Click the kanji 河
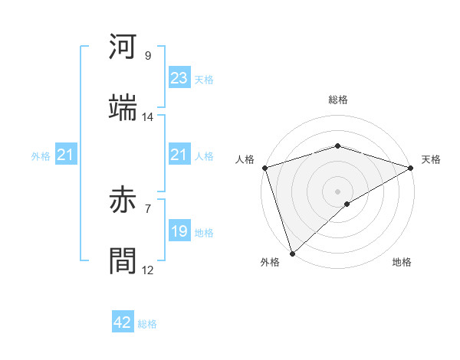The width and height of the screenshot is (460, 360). tap(123, 48)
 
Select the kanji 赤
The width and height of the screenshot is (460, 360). tap(123, 201)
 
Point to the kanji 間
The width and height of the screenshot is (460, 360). tap(123, 260)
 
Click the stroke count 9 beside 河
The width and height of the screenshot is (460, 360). tap(147, 56)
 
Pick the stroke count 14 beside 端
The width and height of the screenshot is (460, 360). tap(147, 117)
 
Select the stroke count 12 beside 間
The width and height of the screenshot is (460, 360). tap(147, 270)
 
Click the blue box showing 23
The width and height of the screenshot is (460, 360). tap(179, 78)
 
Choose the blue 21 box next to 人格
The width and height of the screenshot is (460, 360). tap(179, 155)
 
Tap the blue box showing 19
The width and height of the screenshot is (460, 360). tap(179, 231)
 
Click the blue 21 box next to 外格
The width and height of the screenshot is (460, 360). tap(65, 155)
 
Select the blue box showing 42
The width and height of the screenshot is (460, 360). tap(123, 322)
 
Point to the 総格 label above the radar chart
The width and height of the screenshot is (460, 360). tap(337, 100)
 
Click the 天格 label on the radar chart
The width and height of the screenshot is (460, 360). tap(431, 159)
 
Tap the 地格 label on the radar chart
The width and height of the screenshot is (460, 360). tap(402, 263)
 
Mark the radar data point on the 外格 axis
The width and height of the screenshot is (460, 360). tap(291, 253)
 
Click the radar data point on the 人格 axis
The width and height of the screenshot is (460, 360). tap(264, 168)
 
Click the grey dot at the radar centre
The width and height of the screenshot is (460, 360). tap(337, 191)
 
